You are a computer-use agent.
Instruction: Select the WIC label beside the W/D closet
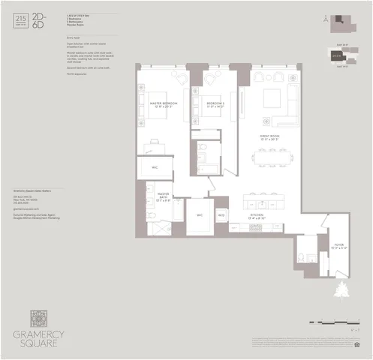[200, 214]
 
